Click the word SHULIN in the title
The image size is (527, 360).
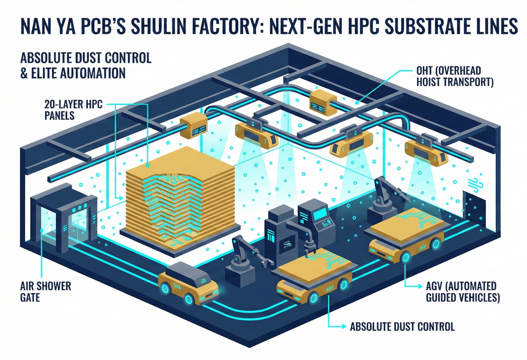(165, 26)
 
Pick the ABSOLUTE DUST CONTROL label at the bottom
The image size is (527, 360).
(402, 326)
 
